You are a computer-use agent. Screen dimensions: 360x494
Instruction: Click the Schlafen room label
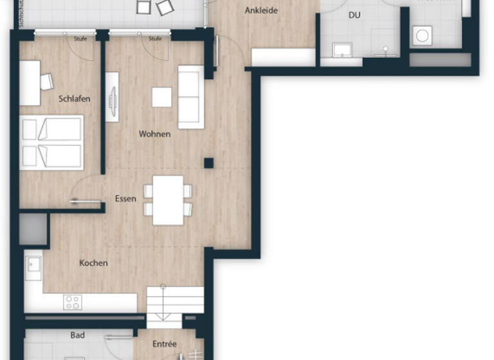point(74,99)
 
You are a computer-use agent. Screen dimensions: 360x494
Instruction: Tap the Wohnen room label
point(154,134)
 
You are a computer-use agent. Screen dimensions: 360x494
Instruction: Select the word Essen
point(125,199)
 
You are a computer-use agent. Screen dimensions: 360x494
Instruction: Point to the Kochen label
point(93,263)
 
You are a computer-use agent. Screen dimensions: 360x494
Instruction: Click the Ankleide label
point(261,11)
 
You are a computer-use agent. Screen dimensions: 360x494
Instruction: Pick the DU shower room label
point(354,15)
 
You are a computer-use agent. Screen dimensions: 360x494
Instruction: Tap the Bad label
point(77,335)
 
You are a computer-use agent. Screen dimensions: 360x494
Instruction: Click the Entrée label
point(165,344)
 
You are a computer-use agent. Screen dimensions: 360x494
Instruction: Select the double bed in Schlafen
point(51,142)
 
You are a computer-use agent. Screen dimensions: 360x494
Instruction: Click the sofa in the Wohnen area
point(190,96)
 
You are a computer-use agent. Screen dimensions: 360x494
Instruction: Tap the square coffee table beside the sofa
point(161,97)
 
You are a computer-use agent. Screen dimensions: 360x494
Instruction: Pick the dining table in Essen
point(168,200)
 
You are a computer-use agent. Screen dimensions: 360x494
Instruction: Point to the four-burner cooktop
point(72,302)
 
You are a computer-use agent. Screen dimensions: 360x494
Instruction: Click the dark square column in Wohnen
point(208,163)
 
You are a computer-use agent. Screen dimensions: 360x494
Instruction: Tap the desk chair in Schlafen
point(46,82)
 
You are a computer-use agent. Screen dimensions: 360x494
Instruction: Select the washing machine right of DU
point(423,35)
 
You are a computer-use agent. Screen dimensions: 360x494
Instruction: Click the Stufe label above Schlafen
point(80,39)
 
